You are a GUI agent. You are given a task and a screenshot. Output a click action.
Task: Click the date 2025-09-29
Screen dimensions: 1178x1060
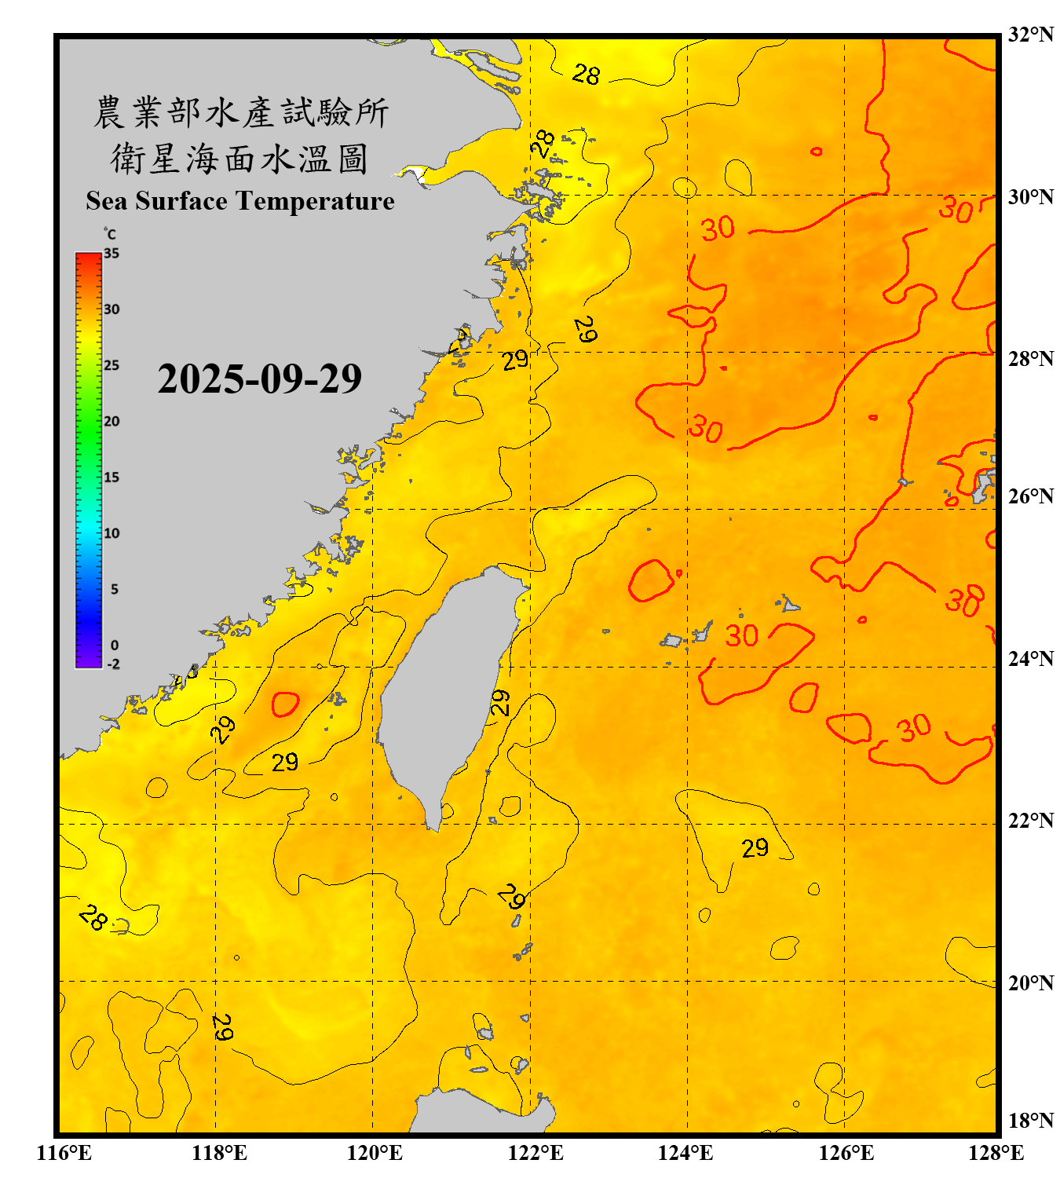pos(259,379)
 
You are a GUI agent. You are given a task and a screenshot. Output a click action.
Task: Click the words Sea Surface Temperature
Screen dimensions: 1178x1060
pos(240,201)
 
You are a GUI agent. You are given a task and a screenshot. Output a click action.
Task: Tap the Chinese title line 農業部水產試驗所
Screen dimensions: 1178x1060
pos(241,112)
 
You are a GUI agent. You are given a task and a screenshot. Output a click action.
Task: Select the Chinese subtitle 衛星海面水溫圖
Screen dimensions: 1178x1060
pos(239,159)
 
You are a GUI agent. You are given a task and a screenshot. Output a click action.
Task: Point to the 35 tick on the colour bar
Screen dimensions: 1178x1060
pos(111,253)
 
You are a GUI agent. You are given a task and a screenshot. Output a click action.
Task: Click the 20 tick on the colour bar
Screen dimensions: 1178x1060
pos(111,421)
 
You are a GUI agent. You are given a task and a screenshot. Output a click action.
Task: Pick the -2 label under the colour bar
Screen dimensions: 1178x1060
pos(113,664)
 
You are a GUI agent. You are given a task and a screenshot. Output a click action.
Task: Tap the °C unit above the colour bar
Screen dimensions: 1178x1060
pos(110,234)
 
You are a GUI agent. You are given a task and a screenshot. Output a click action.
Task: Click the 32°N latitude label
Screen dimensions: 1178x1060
pos(1030,35)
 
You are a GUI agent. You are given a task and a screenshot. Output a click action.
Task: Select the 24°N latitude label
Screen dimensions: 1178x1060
pos(1030,658)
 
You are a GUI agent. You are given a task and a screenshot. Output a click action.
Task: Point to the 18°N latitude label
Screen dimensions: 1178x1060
pos(1030,1121)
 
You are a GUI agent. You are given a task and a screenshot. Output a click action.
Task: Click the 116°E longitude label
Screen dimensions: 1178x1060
pos(64,1153)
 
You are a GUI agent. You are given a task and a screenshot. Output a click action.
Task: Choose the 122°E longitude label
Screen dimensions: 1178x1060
pos(535,1153)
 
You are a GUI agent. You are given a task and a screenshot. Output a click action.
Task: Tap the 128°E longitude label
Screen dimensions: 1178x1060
pos(996,1153)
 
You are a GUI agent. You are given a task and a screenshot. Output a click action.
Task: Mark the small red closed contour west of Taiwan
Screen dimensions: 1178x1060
pos(285,704)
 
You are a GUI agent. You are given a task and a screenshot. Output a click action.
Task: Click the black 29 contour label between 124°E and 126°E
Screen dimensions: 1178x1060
pos(755,848)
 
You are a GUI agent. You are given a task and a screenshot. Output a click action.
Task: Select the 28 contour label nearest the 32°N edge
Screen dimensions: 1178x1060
pos(586,75)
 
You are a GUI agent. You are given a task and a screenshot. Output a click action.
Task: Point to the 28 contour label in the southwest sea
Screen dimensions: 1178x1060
pos(93,916)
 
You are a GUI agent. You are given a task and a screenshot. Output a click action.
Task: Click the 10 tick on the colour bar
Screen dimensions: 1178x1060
pos(111,533)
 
